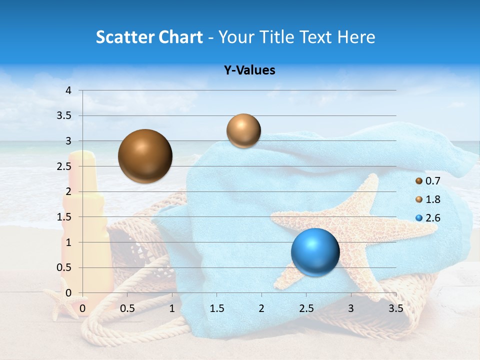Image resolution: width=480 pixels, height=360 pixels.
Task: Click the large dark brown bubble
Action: (x=145, y=156)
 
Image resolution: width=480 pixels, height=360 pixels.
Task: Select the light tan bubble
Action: (x=243, y=131)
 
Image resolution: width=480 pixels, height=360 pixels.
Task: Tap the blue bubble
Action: (x=315, y=251)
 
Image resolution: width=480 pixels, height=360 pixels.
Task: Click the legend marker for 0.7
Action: (x=419, y=180)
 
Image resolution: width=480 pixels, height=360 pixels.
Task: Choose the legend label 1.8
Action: (x=433, y=199)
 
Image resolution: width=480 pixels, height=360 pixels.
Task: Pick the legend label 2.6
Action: (x=433, y=218)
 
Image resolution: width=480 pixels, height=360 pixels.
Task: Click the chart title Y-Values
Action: (x=249, y=70)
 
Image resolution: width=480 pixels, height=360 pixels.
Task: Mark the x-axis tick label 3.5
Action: (x=395, y=308)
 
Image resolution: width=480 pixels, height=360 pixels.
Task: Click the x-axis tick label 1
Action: (x=172, y=308)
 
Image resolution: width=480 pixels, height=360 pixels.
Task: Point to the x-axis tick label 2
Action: (x=261, y=308)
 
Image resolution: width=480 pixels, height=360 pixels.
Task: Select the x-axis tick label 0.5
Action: (x=127, y=308)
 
